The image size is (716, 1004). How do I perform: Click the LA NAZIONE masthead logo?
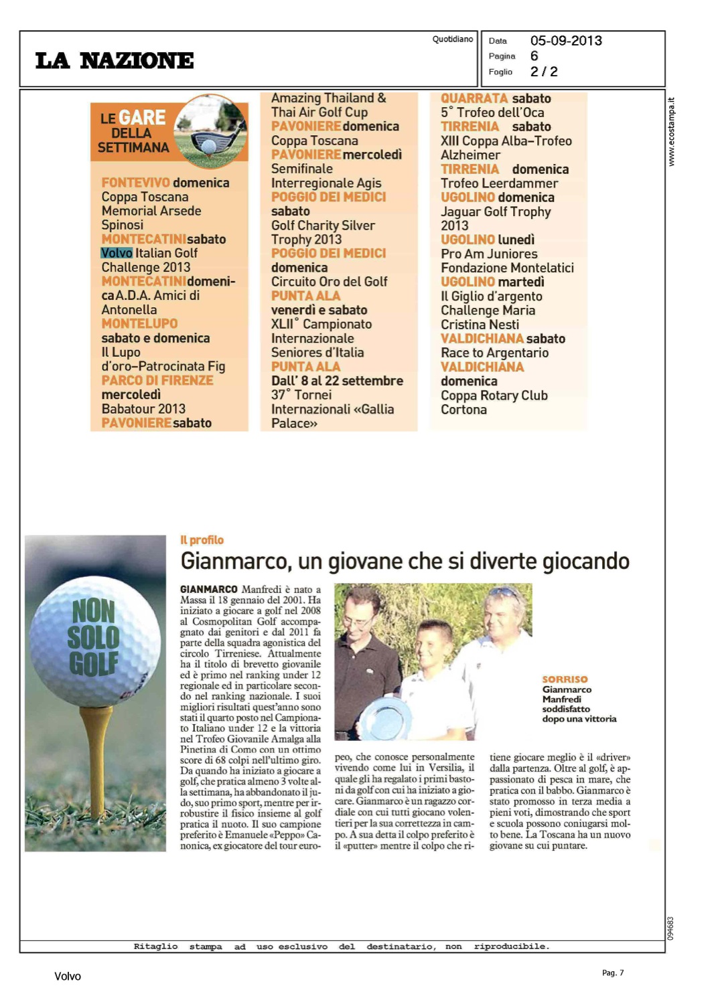click(115, 61)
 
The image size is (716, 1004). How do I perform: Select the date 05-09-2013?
click(566, 41)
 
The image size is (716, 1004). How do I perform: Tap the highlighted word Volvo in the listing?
click(117, 253)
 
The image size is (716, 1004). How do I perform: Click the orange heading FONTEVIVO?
click(135, 183)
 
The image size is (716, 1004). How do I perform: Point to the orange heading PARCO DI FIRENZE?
click(157, 380)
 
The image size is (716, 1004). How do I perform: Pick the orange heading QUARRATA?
click(474, 98)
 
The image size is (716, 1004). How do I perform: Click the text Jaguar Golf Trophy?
click(496, 212)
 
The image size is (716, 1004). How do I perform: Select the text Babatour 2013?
click(143, 408)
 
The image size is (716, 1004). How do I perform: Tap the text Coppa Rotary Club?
click(494, 395)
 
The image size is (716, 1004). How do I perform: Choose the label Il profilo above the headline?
click(202, 540)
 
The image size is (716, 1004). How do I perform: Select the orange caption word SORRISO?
click(565, 679)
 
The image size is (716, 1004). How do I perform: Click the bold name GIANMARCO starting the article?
click(208, 589)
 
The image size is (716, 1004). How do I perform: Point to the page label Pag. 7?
click(612, 973)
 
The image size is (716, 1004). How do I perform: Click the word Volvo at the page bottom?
click(68, 976)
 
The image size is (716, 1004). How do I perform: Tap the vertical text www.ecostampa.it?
click(671, 132)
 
